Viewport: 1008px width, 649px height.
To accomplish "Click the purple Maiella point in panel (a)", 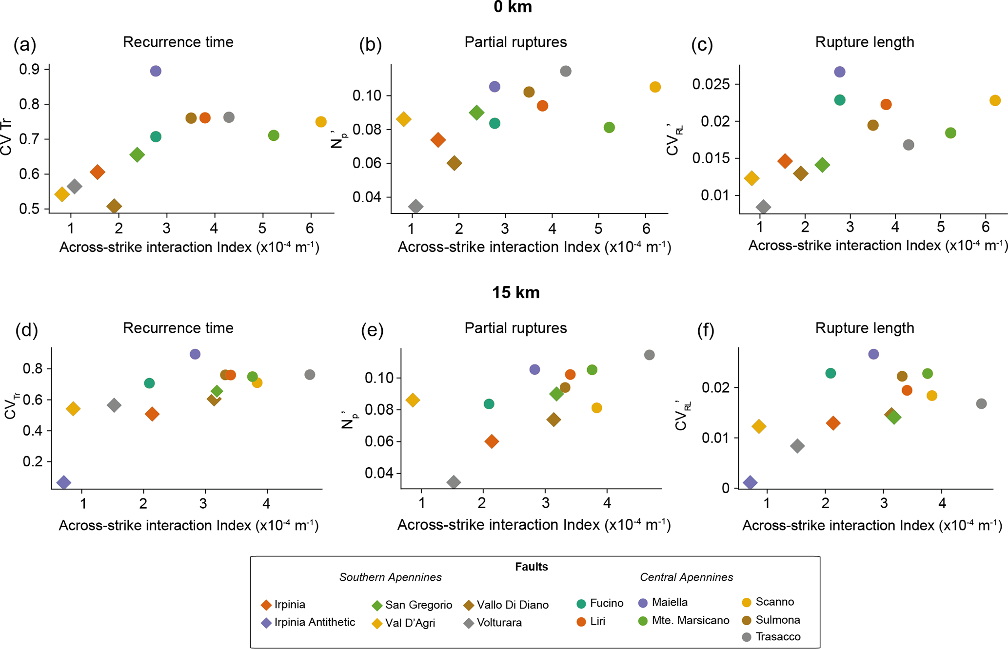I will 156,71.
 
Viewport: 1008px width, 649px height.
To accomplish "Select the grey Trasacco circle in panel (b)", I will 566,71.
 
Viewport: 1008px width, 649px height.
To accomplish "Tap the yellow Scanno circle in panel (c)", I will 995,100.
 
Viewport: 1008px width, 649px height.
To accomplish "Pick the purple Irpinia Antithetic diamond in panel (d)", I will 63,482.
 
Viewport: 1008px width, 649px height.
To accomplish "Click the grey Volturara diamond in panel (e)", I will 454,482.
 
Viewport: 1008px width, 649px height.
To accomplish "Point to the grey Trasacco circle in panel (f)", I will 981,403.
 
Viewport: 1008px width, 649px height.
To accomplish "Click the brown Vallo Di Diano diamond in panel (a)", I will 114,206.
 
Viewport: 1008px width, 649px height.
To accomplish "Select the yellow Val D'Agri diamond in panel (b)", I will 403,119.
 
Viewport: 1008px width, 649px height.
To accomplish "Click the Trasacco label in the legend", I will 778,637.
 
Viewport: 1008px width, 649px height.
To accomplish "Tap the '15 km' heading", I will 515,293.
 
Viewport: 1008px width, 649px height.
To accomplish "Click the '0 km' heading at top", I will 513,7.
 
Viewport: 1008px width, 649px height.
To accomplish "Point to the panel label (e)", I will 372,330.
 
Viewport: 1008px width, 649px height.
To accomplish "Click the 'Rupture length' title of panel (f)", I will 864,328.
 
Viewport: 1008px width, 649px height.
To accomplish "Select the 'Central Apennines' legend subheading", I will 686,577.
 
